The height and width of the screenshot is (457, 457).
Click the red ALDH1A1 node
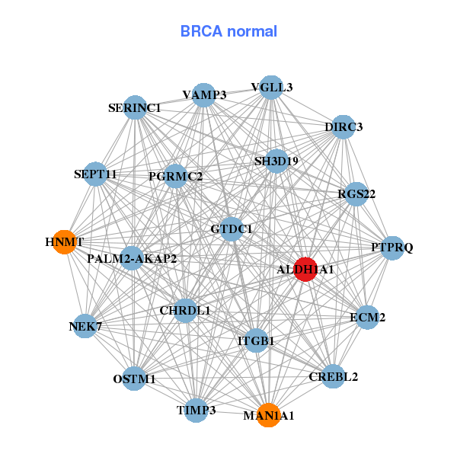coord(305,270)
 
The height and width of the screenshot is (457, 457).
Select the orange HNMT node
coord(64,241)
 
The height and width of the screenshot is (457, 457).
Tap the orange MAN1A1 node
coord(267,415)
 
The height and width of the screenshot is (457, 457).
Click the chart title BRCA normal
coord(228,31)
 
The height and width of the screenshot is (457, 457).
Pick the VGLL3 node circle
coord(271,87)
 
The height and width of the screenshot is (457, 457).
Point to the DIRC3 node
coord(344,126)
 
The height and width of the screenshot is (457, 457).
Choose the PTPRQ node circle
coord(392,248)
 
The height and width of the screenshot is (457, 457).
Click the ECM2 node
coord(367,317)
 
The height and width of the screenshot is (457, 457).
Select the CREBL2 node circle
coord(333,376)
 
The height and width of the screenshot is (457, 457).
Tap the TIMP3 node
coord(197,410)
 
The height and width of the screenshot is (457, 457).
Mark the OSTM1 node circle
coord(134,379)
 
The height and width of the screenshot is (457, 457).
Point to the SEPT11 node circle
coord(95,174)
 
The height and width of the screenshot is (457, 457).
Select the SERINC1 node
coord(134,107)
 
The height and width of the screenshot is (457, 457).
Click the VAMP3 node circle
coord(203,94)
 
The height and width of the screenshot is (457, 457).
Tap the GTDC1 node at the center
coord(232,228)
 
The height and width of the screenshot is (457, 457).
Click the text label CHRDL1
coord(185,311)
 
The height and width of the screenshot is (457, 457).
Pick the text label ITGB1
coord(256,341)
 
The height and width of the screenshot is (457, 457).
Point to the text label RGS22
coord(356,194)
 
